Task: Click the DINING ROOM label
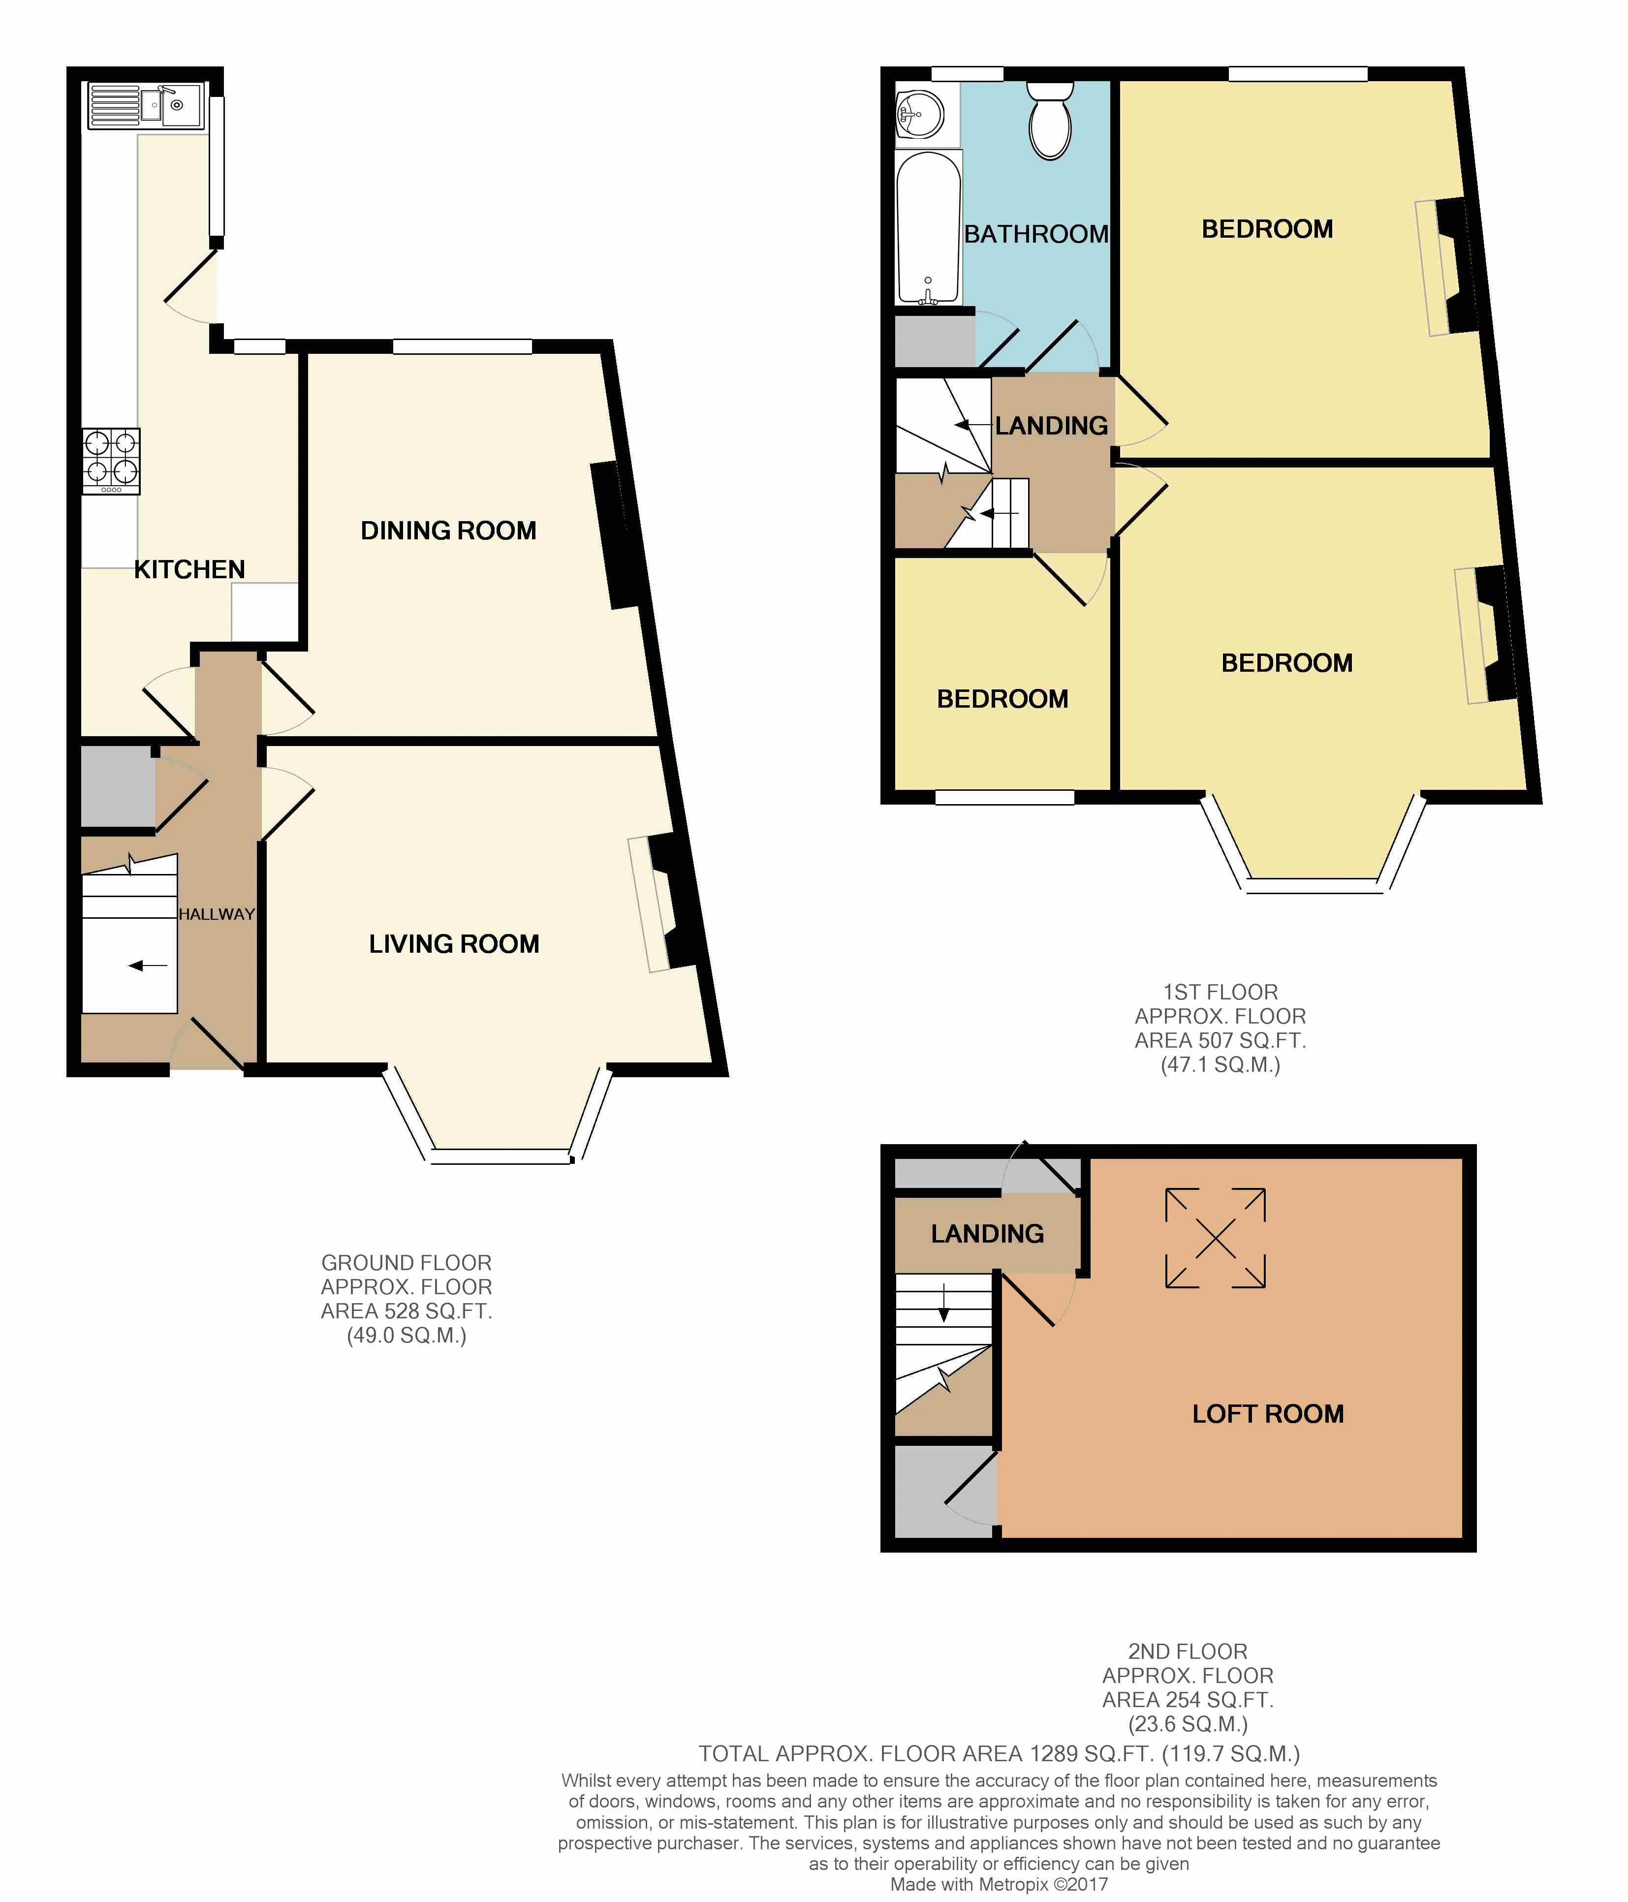pyautogui.click(x=448, y=530)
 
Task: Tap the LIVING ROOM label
pyautogui.click(x=454, y=944)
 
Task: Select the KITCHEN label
pyautogui.click(x=189, y=569)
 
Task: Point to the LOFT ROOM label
pyautogui.click(x=1267, y=1414)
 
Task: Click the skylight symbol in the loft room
pyautogui.click(x=1215, y=1238)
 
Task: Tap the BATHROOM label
pyautogui.click(x=1036, y=234)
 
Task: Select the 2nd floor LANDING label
pyautogui.click(x=987, y=1234)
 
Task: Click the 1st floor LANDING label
pyautogui.click(x=1051, y=426)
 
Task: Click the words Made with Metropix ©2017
pyautogui.click(x=999, y=1885)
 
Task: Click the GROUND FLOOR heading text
pyautogui.click(x=406, y=1262)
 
